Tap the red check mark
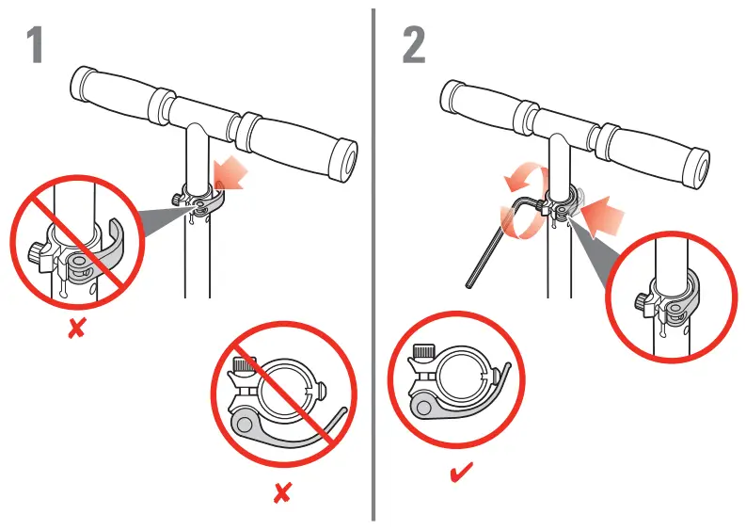(461, 471)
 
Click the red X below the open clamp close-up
(76, 329)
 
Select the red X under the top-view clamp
(282, 492)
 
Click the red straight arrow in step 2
(602, 215)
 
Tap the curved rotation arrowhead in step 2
(515, 183)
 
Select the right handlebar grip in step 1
(298, 147)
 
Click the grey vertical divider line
(373, 265)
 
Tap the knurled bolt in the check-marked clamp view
(425, 353)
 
